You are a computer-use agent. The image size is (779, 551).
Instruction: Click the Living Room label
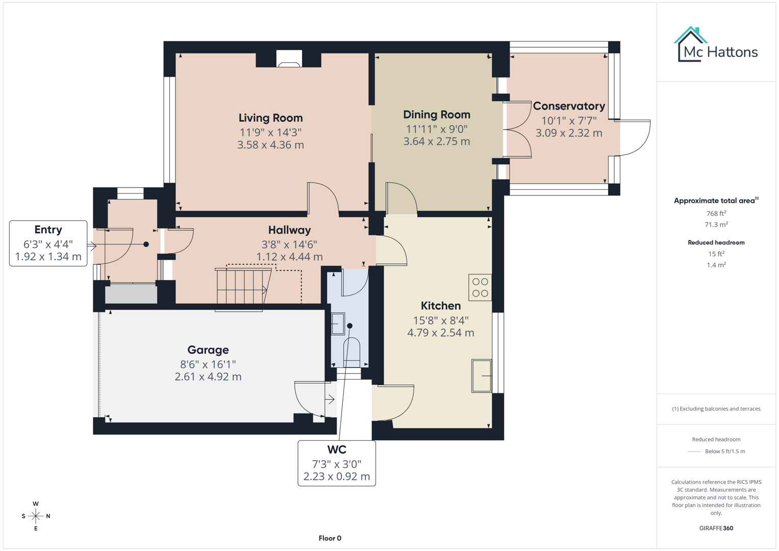[270, 118]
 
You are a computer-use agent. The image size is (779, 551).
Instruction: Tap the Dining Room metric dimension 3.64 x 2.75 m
[436, 142]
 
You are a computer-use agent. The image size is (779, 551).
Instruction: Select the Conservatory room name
[568, 106]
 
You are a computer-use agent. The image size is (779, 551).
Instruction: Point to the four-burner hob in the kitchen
[480, 287]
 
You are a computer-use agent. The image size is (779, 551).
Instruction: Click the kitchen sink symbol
[481, 375]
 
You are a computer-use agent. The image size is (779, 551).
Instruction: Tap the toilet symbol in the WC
[351, 352]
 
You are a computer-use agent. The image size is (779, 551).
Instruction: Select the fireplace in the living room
[289, 59]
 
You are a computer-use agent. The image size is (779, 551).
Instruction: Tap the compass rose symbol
[36, 516]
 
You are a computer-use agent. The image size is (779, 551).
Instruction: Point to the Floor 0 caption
[330, 538]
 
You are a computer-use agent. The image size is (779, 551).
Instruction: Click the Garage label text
[208, 350]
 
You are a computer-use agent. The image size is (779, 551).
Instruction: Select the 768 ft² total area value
[716, 214]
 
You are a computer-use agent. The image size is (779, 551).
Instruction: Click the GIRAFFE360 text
[716, 528]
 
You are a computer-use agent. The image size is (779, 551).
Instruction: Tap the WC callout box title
[336, 449]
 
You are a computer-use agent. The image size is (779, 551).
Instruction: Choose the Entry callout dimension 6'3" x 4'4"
[48, 244]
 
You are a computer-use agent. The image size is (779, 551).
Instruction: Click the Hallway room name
[289, 230]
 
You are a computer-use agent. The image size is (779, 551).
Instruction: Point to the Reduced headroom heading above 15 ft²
[716, 242]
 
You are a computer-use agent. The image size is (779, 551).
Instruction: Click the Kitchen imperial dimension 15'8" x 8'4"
[440, 320]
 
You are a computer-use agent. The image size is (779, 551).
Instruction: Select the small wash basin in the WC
[338, 324]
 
